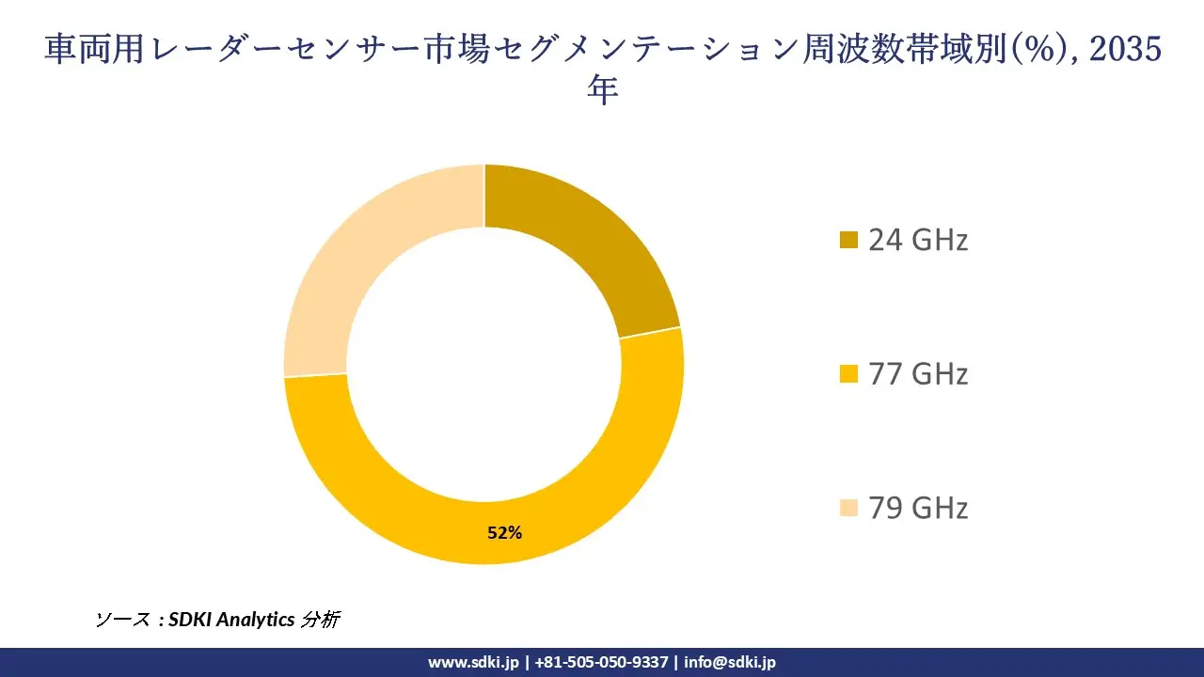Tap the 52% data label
point(504,533)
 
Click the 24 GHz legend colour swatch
point(848,241)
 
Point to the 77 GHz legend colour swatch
point(848,374)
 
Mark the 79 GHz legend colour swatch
point(848,509)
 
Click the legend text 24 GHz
point(918,241)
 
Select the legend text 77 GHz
point(918,374)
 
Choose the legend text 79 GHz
point(918,509)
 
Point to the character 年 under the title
point(602,91)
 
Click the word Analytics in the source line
point(256,620)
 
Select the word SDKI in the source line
point(191,620)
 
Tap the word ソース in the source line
point(122,620)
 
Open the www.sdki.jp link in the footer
point(473,662)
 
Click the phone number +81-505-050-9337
point(602,662)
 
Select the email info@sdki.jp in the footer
point(730,662)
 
